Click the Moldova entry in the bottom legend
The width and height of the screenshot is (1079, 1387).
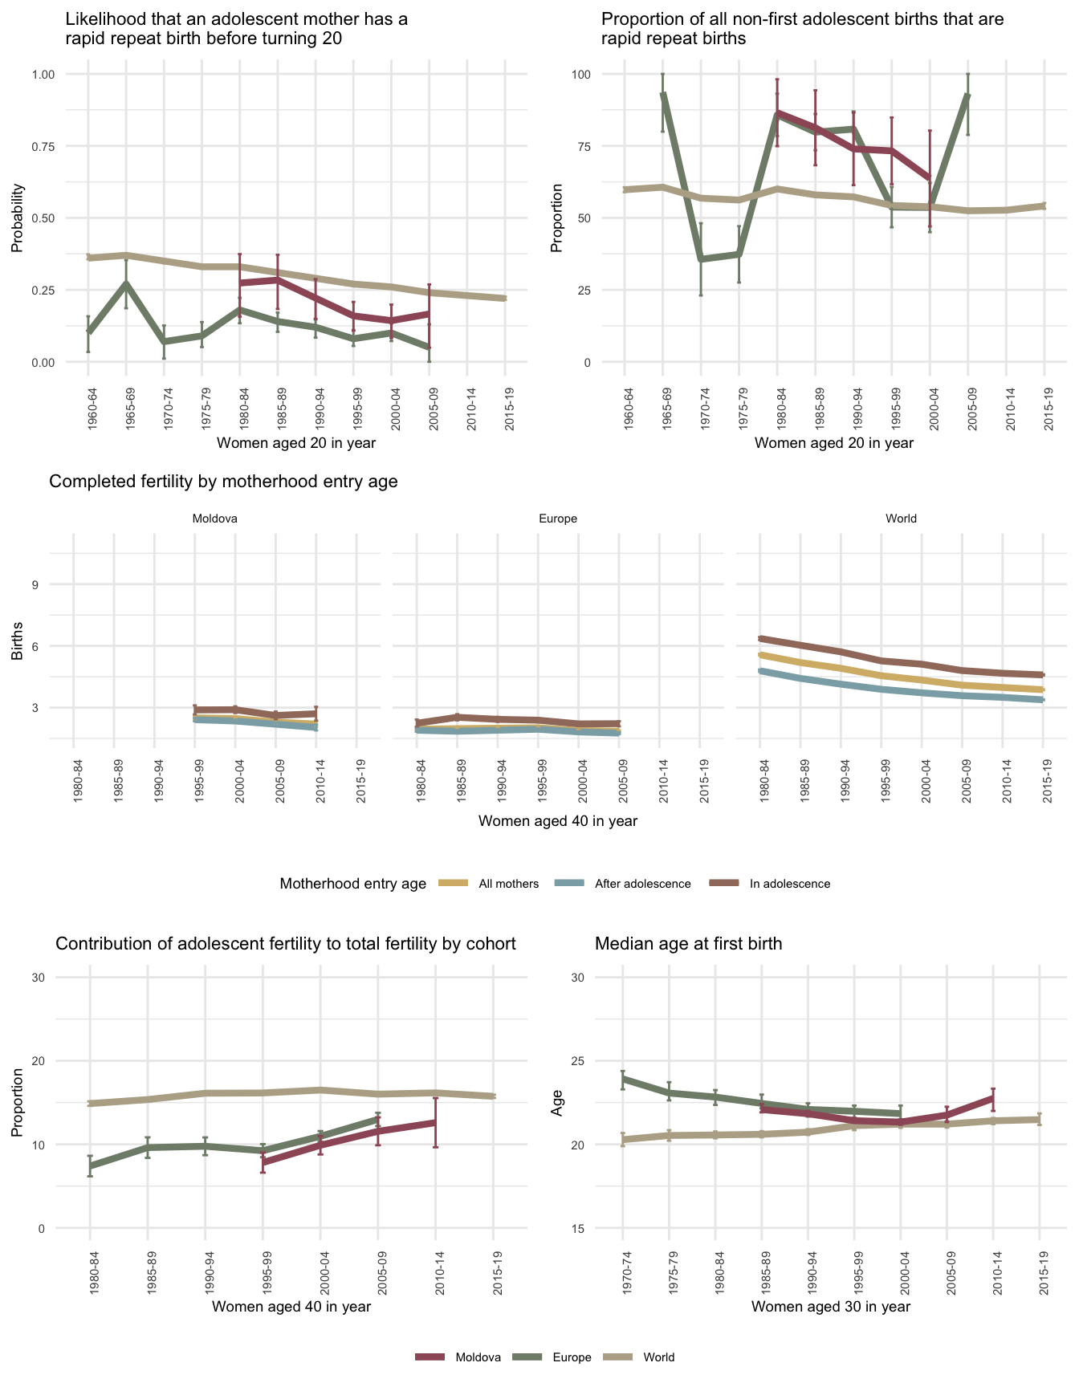[x=478, y=1357]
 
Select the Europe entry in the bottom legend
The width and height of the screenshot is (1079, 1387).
[x=572, y=1357]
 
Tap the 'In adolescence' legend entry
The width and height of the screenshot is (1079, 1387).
[x=790, y=884]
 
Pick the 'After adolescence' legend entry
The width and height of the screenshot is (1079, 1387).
[x=642, y=884]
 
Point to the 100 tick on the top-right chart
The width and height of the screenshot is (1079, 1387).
[x=580, y=75]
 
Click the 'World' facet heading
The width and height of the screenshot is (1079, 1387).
[x=901, y=519]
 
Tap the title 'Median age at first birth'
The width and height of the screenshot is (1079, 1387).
[x=688, y=944]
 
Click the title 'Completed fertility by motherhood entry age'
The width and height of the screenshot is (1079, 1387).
[x=223, y=482]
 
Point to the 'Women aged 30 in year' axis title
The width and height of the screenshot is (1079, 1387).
[x=831, y=1306]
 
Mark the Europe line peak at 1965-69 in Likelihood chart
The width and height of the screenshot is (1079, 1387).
[x=126, y=283]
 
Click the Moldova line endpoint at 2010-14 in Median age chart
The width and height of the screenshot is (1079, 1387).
[x=993, y=1096]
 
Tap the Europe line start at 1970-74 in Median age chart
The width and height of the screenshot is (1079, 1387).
[x=622, y=1078]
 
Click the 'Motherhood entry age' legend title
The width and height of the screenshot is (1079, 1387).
[x=353, y=884]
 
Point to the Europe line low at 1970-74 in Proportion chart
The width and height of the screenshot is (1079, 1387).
[x=701, y=259]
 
